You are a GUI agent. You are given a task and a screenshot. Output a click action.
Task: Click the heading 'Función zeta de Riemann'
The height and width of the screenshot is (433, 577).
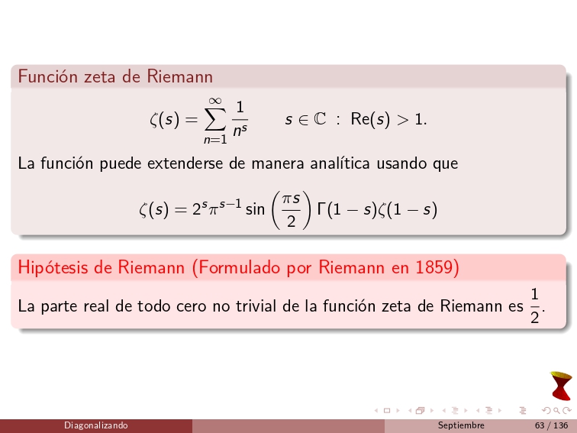click(x=115, y=76)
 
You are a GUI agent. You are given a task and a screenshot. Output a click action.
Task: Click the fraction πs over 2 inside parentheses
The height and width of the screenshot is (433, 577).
click(x=291, y=208)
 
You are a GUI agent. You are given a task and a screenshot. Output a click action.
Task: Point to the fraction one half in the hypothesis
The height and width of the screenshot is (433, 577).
click(x=535, y=306)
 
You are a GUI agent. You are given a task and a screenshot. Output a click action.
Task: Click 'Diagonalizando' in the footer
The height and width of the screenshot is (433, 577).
click(x=96, y=425)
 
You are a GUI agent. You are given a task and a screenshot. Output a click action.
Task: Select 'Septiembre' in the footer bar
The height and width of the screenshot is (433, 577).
click(x=461, y=425)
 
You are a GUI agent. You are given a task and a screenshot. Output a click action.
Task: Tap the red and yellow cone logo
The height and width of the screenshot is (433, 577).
click(x=561, y=386)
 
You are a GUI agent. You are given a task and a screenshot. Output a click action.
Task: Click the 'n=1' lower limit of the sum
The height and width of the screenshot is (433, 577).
click(x=215, y=140)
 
